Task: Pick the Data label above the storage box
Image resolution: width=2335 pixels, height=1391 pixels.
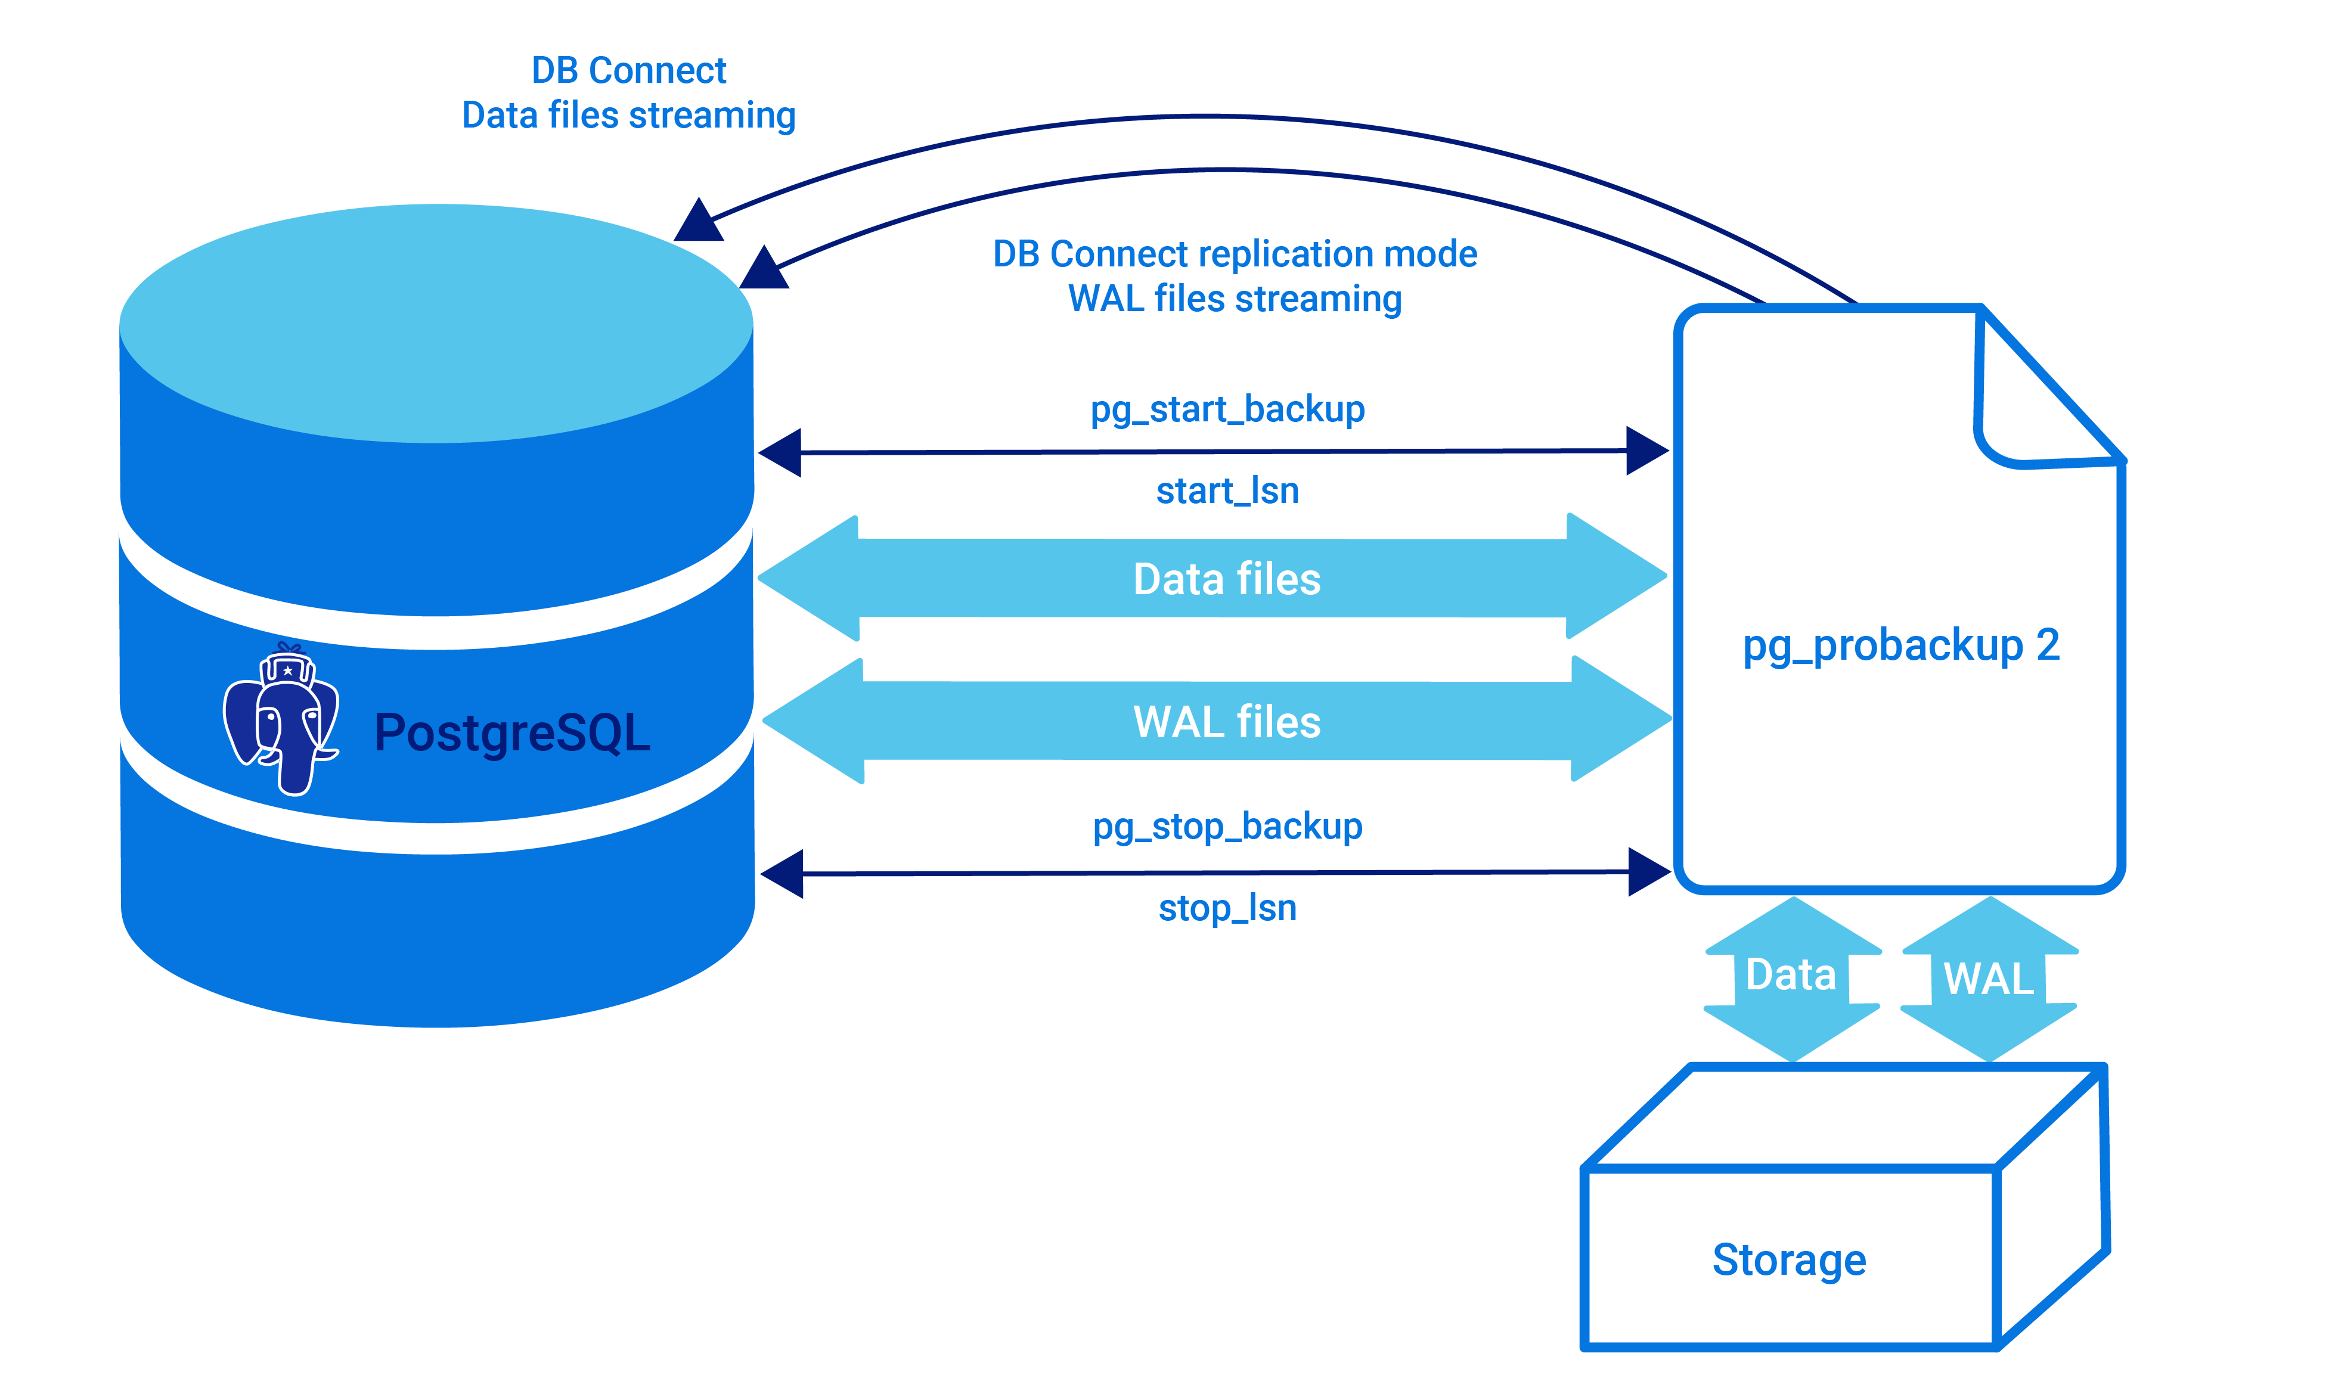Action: [1790, 975]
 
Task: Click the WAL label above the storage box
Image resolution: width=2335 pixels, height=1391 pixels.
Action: [1988, 979]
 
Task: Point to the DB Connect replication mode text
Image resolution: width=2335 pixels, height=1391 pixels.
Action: [1235, 254]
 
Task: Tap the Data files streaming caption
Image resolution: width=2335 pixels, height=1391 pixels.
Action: [628, 115]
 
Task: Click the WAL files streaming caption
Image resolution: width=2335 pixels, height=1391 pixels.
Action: [1235, 299]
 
